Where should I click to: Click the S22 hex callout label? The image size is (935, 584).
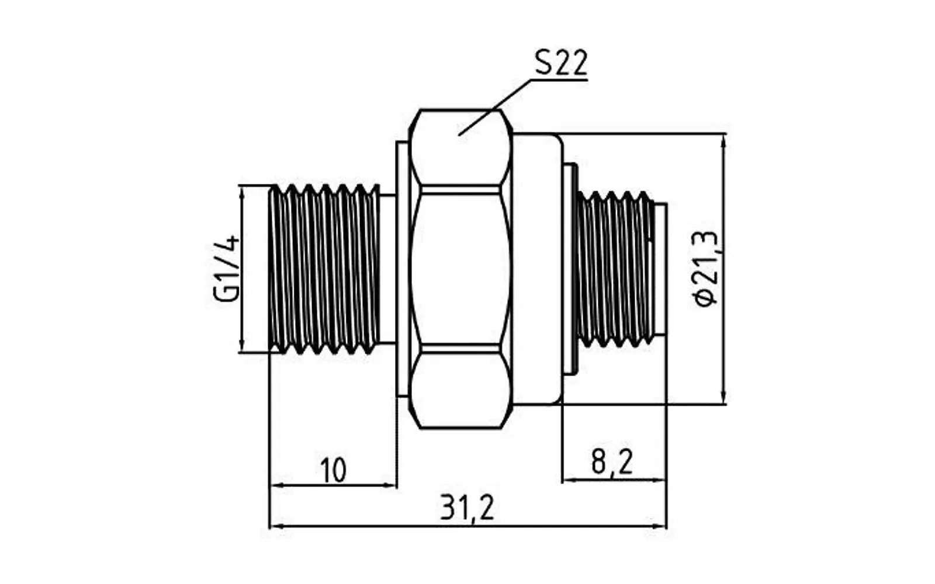click(561, 62)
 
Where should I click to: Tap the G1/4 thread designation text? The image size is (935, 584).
click(226, 269)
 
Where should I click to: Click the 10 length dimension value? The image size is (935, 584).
click(334, 470)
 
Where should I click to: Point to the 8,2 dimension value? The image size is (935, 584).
click(612, 462)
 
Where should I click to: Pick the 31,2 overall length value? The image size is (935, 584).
click(467, 507)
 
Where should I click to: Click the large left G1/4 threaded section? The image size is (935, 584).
click(324, 269)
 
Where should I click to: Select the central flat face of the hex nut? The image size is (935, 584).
click(461, 269)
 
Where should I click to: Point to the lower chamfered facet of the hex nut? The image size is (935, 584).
click(461, 391)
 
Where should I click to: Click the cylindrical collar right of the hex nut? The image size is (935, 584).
click(538, 269)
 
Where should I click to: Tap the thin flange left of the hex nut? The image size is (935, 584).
click(402, 269)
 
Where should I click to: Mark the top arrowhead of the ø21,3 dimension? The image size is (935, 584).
click(724, 142)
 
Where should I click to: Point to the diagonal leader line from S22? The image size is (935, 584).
click(494, 107)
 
